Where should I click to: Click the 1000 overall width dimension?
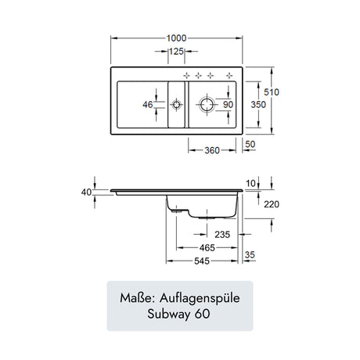pos(176,38)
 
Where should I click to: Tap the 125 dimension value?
pos(176,52)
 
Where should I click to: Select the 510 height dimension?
pos(272,92)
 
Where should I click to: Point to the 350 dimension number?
pos(258,105)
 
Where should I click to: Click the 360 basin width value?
pos(212,150)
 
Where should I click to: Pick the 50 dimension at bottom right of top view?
pos(250,144)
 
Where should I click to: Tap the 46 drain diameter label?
pos(148,105)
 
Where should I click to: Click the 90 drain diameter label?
pos(228,105)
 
